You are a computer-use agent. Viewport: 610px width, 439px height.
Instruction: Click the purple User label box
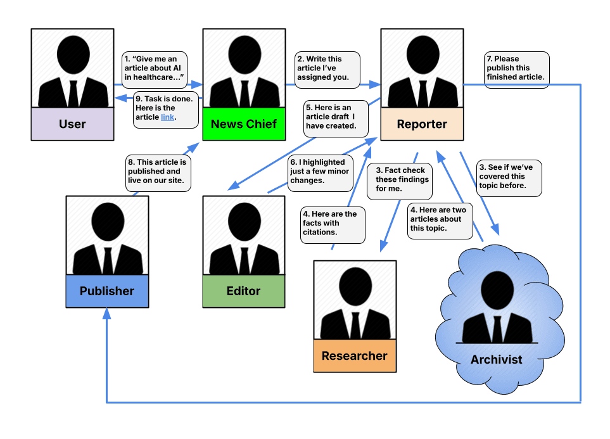point(72,124)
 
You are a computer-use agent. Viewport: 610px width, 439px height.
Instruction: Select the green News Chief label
point(243,124)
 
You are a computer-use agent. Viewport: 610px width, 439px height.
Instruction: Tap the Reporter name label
point(422,124)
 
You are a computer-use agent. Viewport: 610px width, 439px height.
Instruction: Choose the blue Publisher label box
point(107,291)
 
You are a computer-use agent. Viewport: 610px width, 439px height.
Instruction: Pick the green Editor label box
point(243,291)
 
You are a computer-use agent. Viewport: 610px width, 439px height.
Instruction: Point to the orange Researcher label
point(354,355)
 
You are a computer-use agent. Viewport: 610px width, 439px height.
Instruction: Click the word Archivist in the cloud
point(496,359)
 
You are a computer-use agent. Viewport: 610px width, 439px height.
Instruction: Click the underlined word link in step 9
point(167,117)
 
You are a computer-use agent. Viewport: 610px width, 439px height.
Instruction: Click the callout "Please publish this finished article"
point(515,68)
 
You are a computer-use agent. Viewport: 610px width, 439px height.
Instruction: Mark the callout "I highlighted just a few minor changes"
point(320,171)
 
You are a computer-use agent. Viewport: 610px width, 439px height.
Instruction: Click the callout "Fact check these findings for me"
point(401,179)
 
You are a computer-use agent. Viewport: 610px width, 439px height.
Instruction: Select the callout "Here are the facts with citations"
point(333,223)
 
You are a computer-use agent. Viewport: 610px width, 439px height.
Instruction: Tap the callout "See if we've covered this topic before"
point(508,177)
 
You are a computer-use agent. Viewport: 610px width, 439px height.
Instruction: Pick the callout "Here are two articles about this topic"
point(440,219)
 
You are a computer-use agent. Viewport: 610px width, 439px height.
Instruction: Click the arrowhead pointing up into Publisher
point(107,313)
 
